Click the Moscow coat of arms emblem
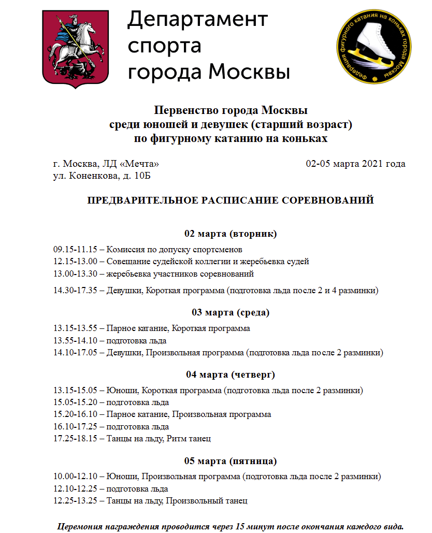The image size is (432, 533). (x=76, y=48)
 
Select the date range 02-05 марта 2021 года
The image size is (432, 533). (x=355, y=164)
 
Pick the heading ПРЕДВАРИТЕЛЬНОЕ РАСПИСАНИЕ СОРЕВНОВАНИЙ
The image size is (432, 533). (x=230, y=200)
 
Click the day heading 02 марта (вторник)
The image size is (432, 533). (x=231, y=234)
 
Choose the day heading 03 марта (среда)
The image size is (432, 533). (x=231, y=312)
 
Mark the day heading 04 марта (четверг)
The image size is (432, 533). (x=231, y=374)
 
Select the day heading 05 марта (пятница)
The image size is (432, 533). (x=231, y=461)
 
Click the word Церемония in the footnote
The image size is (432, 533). (x=80, y=526)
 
